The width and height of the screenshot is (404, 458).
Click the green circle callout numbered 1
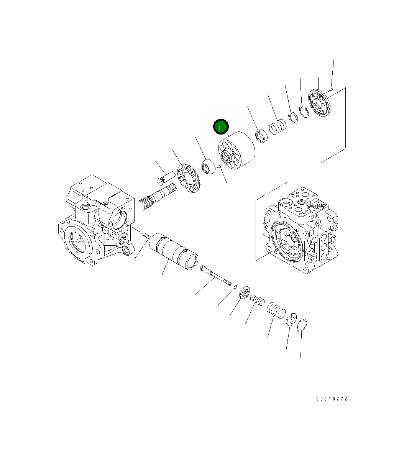click(x=221, y=127)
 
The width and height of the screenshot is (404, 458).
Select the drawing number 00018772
click(x=331, y=399)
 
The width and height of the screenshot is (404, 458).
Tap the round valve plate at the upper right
click(x=319, y=102)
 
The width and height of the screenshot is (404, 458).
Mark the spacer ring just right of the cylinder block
click(x=262, y=136)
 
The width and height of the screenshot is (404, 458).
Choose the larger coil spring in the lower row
click(x=276, y=310)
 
